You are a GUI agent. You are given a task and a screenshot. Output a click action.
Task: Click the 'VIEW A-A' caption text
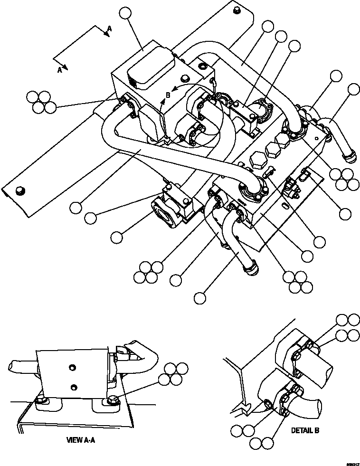pyautogui.click(x=81, y=440)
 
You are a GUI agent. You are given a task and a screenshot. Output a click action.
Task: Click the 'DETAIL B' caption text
pyautogui.click(x=305, y=430)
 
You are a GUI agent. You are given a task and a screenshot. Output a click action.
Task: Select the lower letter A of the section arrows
pyautogui.click(x=60, y=70)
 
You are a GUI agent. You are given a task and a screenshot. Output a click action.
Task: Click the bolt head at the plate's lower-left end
pyautogui.click(x=19, y=191)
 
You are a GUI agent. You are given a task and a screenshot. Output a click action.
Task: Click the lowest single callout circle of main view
pyautogui.click(x=200, y=298)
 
